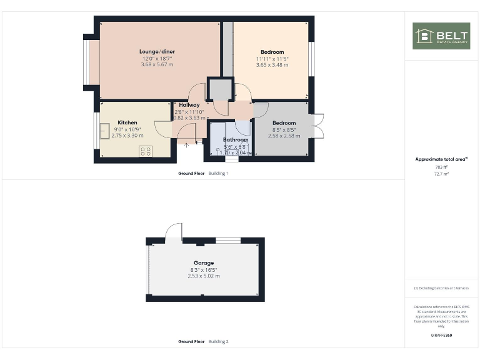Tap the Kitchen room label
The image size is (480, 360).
(127, 122)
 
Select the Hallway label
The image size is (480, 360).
(189, 105)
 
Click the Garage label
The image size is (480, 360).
(204, 263)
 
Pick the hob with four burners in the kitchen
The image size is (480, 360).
(146, 151)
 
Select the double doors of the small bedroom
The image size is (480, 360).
(318, 126)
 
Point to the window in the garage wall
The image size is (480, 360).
(228, 240)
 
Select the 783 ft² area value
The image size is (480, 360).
(442, 167)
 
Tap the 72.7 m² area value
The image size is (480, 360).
(442, 174)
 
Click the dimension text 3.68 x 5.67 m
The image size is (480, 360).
(157, 64)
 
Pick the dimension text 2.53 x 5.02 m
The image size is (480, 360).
(204, 276)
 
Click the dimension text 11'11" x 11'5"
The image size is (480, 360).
(272, 59)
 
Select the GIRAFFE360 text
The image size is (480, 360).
(442, 336)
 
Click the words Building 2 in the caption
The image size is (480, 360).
(218, 342)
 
